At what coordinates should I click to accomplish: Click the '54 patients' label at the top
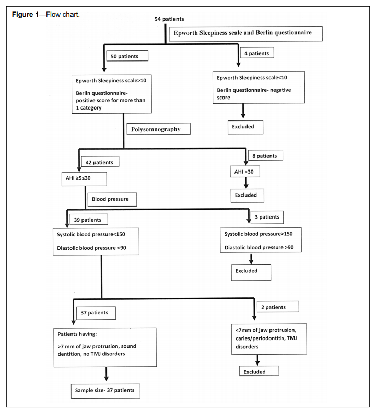pyautogui.click(x=169, y=19)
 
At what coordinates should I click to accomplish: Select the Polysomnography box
pyautogui.click(x=158, y=129)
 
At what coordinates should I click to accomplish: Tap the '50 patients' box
pyautogui.click(x=127, y=56)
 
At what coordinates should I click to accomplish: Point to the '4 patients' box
pyautogui.click(x=257, y=53)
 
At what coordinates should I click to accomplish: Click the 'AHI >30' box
pyautogui.click(x=245, y=172)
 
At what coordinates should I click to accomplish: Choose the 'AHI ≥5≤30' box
pyautogui.click(x=84, y=179)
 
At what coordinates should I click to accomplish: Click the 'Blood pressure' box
pyautogui.click(x=112, y=199)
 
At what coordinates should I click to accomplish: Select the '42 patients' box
pyautogui.click(x=100, y=162)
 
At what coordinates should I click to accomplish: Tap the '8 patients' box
pyautogui.click(x=265, y=155)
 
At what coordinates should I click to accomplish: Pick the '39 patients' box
pyautogui.click(x=89, y=220)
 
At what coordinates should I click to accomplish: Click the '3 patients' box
pyautogui.click(x=267, y=217)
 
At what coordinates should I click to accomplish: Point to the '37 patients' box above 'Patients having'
pyautogui.click(x=96, y=313)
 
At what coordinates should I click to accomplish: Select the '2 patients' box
pyautogui.click(x=278, y=307)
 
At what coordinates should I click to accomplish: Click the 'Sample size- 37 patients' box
pyautogui.click(x=105, y=391)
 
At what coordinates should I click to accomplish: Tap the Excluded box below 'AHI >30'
pyautogui.click(x=248, y=196)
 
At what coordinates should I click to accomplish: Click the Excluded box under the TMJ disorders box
pyautogui.click(x=259, y=371)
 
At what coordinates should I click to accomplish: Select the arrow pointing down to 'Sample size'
pyautogui.click(x=107, y=373)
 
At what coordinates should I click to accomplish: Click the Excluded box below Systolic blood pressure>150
pyautogui.click(x=251, y=273)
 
